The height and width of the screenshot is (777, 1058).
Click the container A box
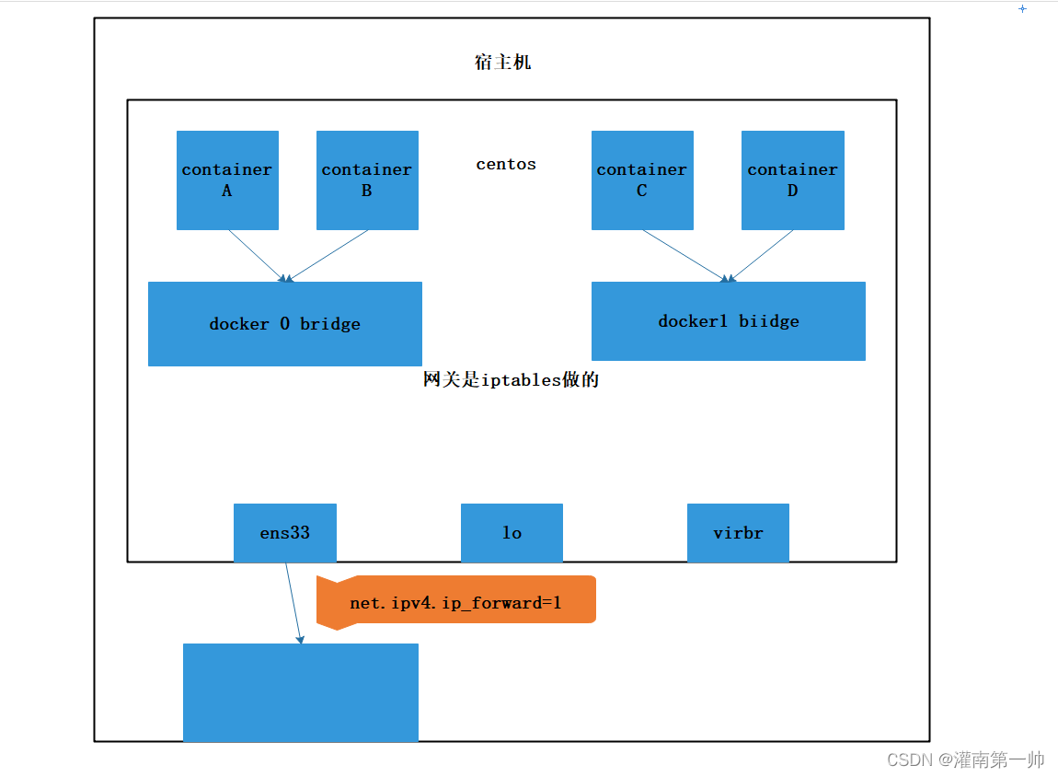click(227, 180)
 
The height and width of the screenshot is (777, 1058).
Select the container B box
click(367, 180)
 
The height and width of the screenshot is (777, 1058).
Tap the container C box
click(642, 180)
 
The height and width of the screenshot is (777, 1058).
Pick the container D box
click(792, 180)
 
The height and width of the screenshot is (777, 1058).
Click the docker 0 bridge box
click(285, 324)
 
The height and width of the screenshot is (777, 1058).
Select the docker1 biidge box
click(728, 321)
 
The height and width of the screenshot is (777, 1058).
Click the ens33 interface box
click(285, 533)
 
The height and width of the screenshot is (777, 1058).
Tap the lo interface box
click(512, 533)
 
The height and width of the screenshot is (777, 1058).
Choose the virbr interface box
click(738, 533)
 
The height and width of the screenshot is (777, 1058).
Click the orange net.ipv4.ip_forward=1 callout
click(456, 603)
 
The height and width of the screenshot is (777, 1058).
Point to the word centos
click(506, 164)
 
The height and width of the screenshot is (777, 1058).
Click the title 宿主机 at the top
click(502, 63)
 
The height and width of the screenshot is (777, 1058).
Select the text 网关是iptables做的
click(512, 379)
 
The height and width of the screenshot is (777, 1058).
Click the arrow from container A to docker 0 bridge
click(256, 255)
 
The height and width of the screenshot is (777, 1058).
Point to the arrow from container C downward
click(685, 255)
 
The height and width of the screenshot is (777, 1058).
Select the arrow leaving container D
click(762, 255)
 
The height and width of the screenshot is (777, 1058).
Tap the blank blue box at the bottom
click(301, 692)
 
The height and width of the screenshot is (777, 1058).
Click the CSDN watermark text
click(965, 760)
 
